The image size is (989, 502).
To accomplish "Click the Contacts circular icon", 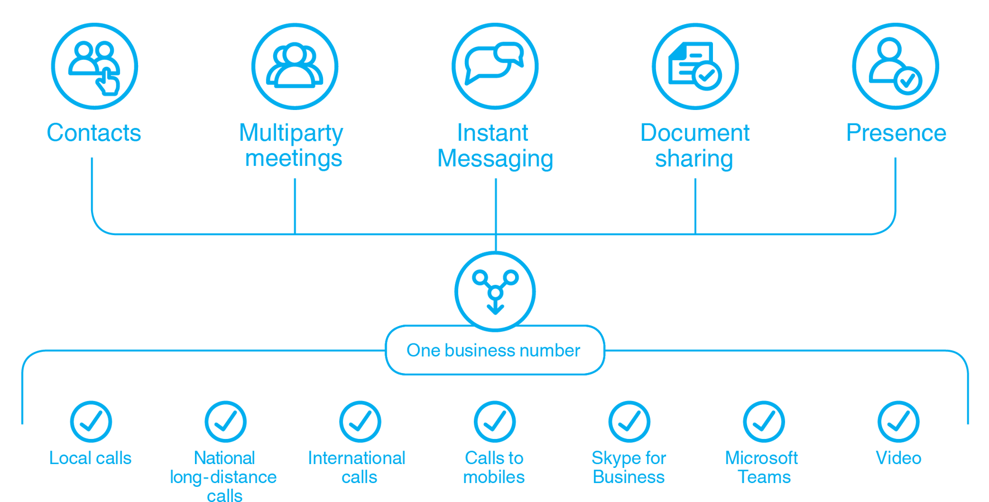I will [94, 66].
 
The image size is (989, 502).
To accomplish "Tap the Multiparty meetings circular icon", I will [294, 66].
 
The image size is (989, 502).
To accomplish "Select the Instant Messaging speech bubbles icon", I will [495, 66].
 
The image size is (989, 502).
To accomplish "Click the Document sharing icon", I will [695, 66].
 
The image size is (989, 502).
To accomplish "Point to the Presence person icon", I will [895, 66].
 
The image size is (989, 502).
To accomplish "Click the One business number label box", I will [495, 350].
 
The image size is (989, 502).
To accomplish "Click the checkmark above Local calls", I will [91, 422].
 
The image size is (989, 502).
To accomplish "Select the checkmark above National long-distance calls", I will [225, 422].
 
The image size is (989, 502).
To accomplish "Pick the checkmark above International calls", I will [360, 422].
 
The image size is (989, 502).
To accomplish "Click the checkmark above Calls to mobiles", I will [495, 422].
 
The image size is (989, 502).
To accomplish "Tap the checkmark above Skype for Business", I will [629, 422].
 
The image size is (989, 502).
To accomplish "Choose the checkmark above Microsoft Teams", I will [764, 422].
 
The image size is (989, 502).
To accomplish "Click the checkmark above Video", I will [898, 422].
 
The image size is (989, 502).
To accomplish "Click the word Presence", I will [896, 133].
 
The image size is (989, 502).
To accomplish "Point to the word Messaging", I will [495, 159].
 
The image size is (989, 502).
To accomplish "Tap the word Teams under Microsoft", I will [764, 477].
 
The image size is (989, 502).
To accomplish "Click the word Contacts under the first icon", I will [94, 133].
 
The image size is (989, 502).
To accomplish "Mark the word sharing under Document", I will [694, 159].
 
